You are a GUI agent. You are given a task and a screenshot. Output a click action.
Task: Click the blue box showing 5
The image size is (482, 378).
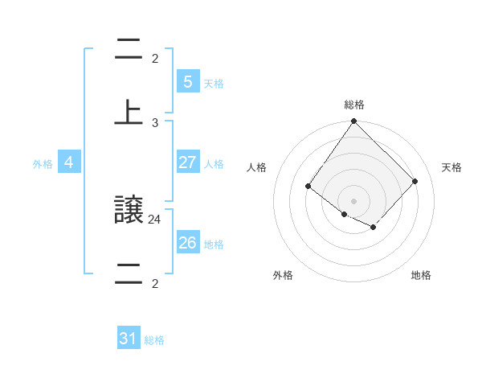click(187, 81)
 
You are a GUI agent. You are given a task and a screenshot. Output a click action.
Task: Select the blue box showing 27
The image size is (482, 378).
click(187, 162)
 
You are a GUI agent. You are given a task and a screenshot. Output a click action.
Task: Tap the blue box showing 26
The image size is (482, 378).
click(187, 242)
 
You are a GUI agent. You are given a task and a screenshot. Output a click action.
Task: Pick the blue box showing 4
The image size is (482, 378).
click(69, 162)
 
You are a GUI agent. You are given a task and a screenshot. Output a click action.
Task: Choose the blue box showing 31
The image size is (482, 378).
click(129, 339)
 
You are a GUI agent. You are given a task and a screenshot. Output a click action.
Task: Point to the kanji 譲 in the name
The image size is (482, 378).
click(129, 210)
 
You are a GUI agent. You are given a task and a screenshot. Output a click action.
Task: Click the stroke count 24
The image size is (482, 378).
click(155, 218)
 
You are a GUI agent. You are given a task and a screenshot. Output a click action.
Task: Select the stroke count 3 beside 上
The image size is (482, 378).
click(155, 122)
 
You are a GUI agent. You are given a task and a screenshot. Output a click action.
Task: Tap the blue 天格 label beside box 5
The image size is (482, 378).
click(214, 84)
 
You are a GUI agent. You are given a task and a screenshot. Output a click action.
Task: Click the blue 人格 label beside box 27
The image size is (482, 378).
click(214, 164)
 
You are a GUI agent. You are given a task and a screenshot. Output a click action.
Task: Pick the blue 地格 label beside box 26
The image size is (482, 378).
click(214, 244)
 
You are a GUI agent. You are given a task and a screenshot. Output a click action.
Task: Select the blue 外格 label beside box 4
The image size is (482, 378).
click(43, 164)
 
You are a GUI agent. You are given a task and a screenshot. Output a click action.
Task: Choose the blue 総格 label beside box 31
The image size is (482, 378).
click(154, 340)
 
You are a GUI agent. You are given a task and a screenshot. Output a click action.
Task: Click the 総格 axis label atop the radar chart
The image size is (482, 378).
click(354, 105)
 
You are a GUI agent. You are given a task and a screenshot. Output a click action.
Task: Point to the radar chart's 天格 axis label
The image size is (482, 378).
click(451, 167)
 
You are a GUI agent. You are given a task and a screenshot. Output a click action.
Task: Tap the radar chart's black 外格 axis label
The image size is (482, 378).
click(283, 275)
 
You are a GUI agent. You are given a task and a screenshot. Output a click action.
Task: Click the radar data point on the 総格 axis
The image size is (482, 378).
click(353, 122)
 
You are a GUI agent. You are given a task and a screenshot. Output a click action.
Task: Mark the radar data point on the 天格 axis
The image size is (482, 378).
click(415, 181)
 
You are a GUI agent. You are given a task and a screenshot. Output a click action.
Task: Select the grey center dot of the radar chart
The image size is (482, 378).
click(353, 200)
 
